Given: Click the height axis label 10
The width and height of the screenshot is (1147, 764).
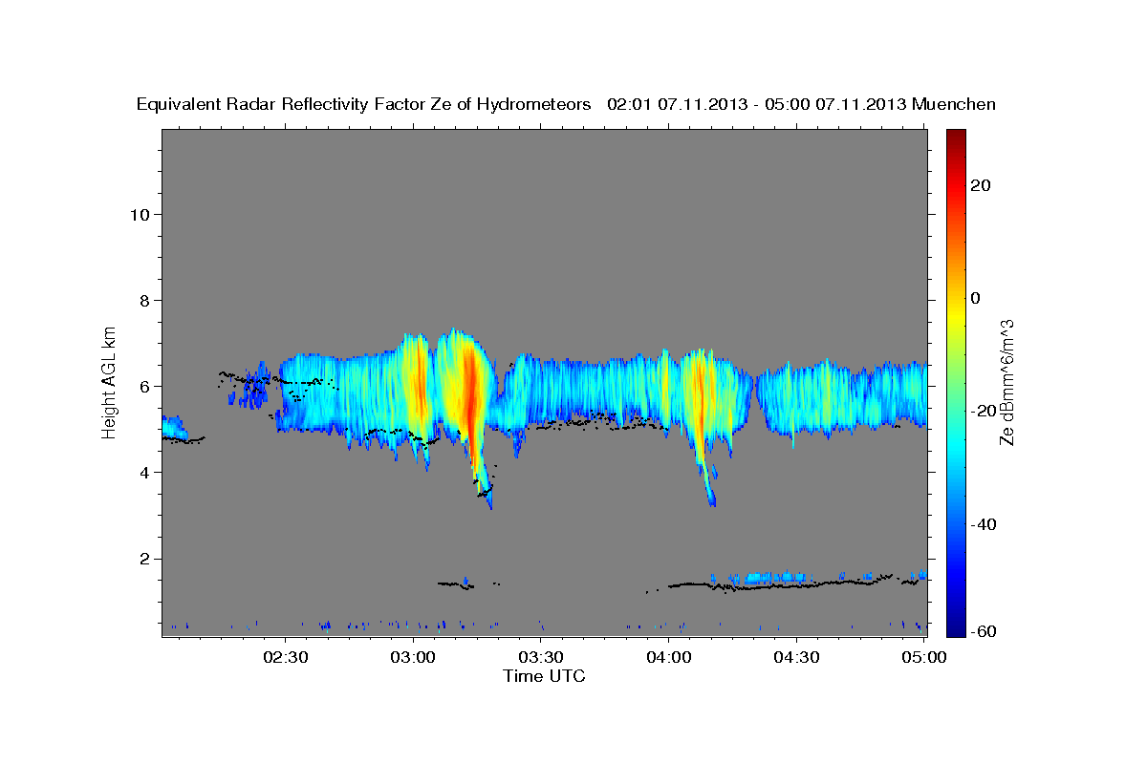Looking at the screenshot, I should coord(140,214).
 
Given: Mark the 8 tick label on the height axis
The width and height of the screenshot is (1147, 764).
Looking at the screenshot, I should coord(144,300).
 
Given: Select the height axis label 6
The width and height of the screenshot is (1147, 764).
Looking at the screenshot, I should coord(144,386).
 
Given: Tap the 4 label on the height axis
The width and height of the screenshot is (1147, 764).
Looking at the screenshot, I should coord(144,472).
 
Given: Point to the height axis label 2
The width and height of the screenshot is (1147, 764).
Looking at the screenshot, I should coord(144,558).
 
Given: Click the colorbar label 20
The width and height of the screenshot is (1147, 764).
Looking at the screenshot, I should coord(980,185).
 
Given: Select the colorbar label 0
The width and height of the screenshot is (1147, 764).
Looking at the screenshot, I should coord(976,298).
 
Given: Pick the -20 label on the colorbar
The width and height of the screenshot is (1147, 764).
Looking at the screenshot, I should coord(983,411).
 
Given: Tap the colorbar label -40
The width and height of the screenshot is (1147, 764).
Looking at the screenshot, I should coord(983,523).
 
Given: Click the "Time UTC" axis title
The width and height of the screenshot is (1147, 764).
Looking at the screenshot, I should coord(544,676).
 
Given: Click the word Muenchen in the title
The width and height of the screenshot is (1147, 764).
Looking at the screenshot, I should coord(955,104).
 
